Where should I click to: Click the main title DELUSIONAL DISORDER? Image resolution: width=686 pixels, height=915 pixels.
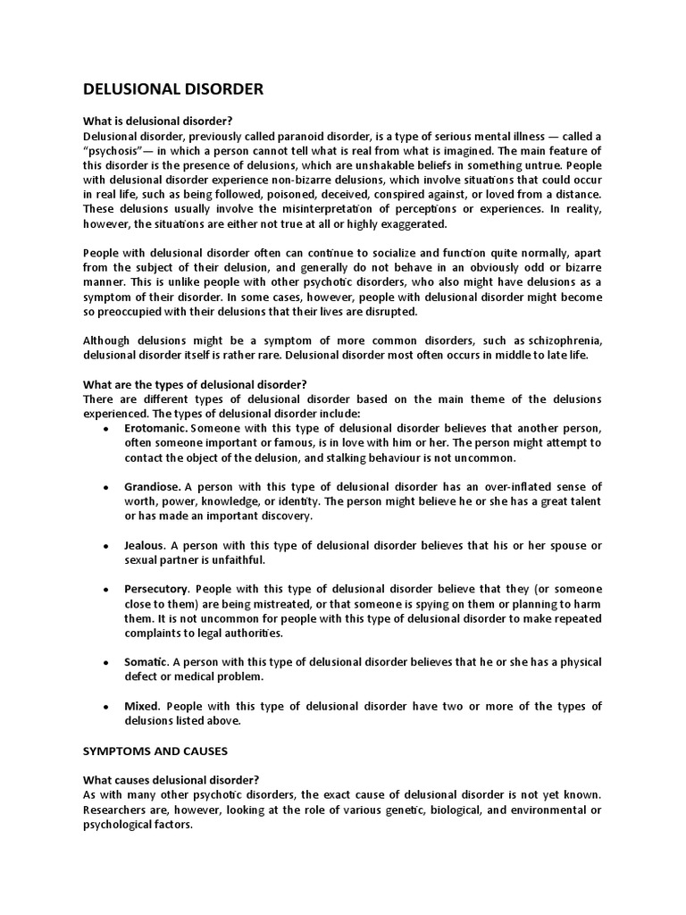173,89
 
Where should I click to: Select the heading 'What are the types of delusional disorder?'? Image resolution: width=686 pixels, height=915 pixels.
195,384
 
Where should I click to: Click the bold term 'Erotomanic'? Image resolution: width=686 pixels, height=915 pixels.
155,428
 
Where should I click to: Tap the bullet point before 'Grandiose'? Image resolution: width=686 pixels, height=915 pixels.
106,487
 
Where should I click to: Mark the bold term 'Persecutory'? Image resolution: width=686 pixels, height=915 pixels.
156,589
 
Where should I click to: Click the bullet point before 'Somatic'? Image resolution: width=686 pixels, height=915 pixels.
106,662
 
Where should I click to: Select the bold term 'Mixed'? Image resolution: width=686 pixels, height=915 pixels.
141,706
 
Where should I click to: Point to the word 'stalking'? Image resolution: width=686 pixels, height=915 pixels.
355,457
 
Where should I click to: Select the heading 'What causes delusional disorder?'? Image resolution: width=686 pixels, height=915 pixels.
170,779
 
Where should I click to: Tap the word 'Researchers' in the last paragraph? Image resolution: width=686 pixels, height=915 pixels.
119,809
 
